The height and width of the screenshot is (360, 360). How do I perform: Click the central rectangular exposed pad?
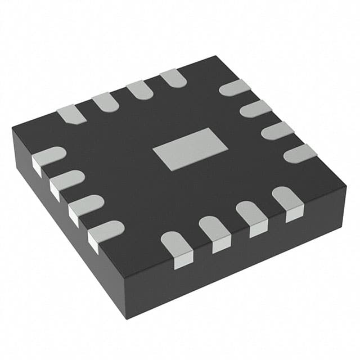[x=190, y=148]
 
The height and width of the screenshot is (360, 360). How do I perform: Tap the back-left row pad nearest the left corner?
[x=71, y=114]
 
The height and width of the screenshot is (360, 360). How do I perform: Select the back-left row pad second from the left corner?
[x=105, y=101]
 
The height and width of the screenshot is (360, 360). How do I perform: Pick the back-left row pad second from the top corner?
[x=139, y=90]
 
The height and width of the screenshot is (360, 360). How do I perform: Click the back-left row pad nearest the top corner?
[x=173, y=78]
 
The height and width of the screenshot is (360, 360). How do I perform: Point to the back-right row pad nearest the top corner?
[x=234, y=87]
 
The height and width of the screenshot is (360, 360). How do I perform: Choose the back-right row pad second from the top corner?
[x=255, y=108]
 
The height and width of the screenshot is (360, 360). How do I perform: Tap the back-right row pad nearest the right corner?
[x=300, y=153]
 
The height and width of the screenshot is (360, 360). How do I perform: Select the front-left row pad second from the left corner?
[x=66, y=181]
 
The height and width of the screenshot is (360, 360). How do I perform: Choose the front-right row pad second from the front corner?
[x=214, y=231]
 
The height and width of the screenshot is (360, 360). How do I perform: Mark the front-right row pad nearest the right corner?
[x=287, y=200]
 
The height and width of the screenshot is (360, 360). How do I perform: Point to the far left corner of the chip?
[x=12, y=130]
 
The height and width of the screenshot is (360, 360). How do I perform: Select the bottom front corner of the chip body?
[x=125, y=303]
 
